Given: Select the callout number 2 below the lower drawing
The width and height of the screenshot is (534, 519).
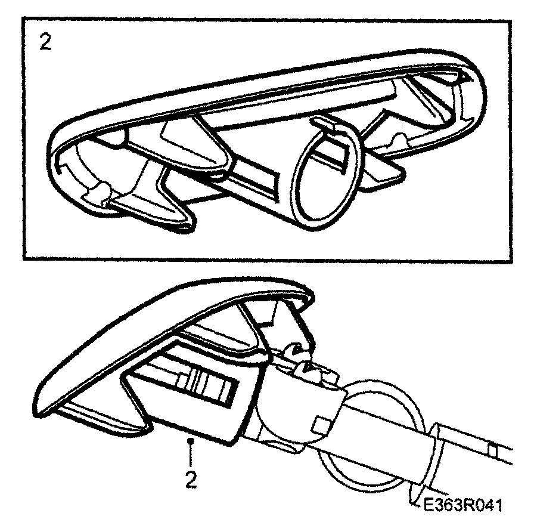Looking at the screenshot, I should [190, 480].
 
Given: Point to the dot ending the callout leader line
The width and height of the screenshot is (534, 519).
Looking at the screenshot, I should [190, 441].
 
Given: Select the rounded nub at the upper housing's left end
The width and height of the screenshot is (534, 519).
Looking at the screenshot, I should [102, 190].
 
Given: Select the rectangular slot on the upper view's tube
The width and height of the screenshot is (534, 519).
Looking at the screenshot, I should [262, 179].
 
